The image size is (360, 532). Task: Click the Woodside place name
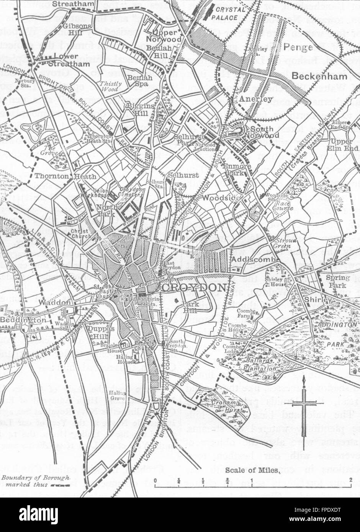(x=216, y=198)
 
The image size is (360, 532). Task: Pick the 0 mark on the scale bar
(x=155, y=480)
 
